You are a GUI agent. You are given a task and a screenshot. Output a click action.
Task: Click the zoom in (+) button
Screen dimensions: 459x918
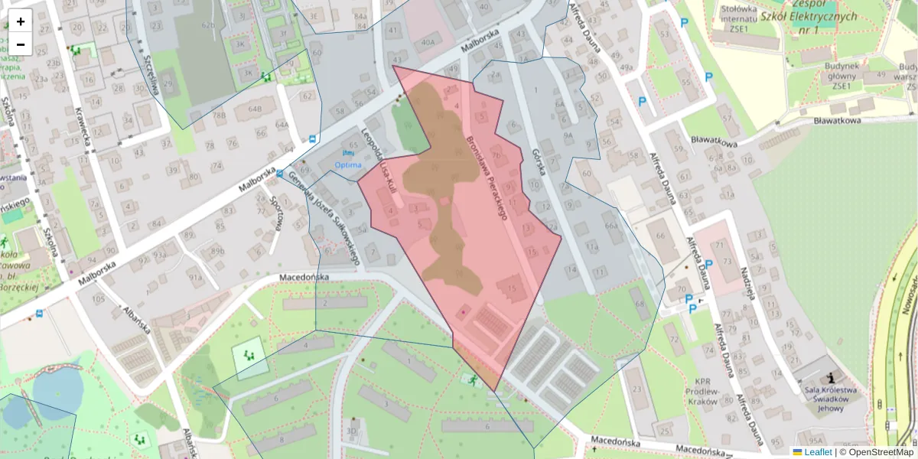[21, 21]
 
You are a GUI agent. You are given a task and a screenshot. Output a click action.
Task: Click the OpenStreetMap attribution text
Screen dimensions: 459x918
[881, 452]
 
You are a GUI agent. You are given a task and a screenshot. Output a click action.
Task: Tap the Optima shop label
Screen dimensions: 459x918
[348, 164]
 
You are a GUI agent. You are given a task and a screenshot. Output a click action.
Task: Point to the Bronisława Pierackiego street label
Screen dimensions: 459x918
[487, 178]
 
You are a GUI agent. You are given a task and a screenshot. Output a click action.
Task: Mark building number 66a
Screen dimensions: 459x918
[610, 226]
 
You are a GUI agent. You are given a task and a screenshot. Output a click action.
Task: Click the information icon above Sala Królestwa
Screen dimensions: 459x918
[831, 377]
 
